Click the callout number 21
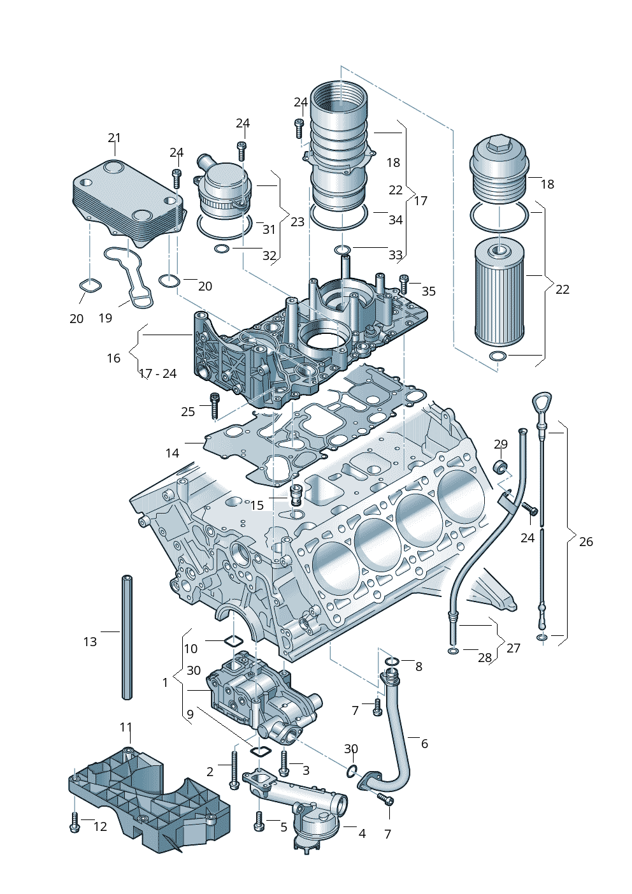[114, 138]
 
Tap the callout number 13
[90, 642]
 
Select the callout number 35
[429, 291]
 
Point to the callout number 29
[501, 444]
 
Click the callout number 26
[586, 542]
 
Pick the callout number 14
[172, 453]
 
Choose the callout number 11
[126, 727]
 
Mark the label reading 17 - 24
[157, 373]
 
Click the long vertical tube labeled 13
[127, 637]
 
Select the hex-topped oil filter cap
[499, 169]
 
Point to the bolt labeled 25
[215, 406]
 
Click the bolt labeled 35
[403, 283]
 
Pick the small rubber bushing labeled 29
[501, 466]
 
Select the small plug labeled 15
[296, 494]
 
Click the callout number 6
[424, 744]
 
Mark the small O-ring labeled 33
[343, 249]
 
